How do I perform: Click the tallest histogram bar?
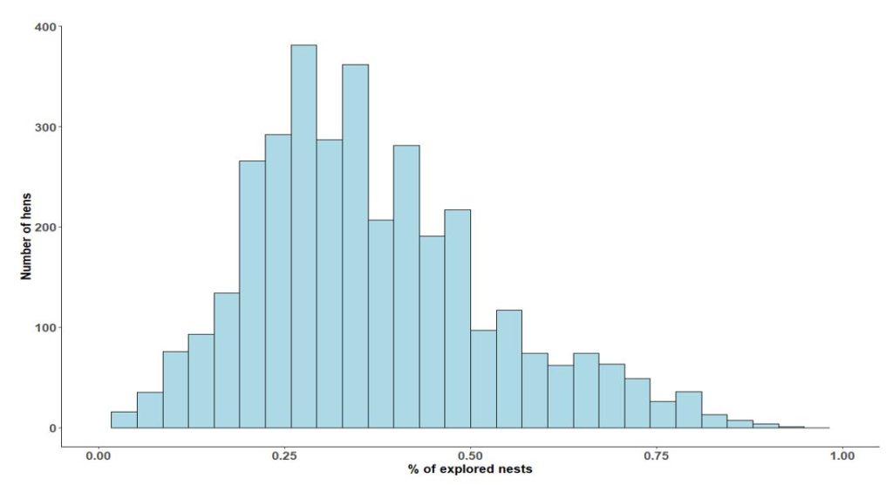pos(303,236)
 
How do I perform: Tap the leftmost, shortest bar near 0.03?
pos(124,420)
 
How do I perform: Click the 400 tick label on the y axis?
pos(46,27)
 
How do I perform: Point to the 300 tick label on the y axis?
pos(46,127)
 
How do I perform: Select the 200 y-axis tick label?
pos(46,228)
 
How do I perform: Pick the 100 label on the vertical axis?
pos(46,328)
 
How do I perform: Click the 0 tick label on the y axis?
pos(52,428)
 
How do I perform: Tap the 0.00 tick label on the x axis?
pos(99,455)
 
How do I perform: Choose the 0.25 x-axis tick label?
pos(284,455)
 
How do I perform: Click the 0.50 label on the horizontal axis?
pos(470,455)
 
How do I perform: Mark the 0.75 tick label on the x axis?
pos(656,455)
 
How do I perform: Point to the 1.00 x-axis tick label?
pos(842,455)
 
